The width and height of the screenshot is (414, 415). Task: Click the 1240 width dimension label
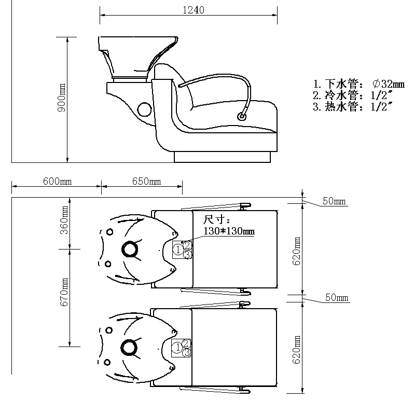[194, 10]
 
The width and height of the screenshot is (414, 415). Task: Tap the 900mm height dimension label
[61, 98]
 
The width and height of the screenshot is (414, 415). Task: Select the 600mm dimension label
[57, 181]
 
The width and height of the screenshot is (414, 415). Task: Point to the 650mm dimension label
[146, 181]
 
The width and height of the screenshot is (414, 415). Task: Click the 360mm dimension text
[64, 220]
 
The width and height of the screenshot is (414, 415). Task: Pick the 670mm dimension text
[64, 292]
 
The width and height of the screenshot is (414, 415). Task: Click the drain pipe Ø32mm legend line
[358, 84]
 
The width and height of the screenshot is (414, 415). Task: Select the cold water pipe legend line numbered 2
[353, 95]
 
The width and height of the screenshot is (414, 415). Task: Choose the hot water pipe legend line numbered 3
[353, 107]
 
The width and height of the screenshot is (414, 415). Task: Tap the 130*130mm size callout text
[229, 231]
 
